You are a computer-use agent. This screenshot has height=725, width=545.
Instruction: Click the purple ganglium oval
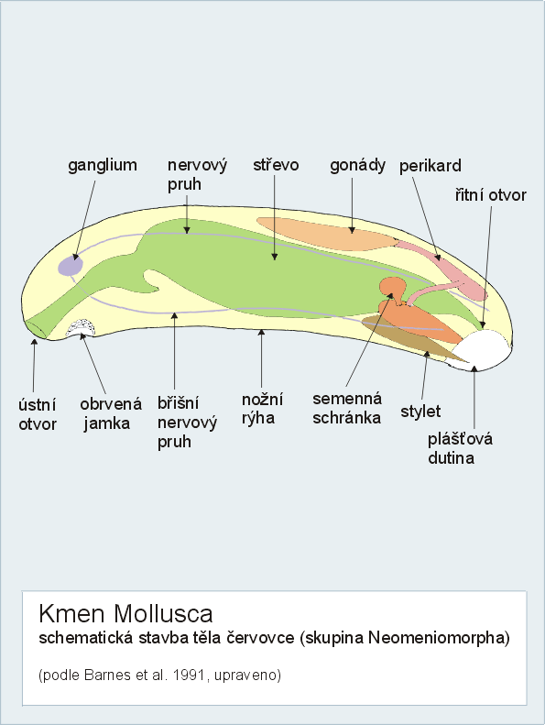(71, 266)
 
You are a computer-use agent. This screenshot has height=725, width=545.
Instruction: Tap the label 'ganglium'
(103, 166)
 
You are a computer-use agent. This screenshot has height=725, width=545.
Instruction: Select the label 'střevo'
(276, 165)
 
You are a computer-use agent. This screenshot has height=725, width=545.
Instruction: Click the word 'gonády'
(358, 166)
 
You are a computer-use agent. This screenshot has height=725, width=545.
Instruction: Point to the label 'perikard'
(431, 166)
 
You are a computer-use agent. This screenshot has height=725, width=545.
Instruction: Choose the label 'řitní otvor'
(490, 194)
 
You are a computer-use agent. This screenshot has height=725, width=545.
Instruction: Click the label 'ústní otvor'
(38, 414)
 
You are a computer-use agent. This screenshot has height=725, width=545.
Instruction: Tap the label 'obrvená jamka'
(111, 413)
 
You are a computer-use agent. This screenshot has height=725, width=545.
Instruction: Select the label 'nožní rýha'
(262, 409)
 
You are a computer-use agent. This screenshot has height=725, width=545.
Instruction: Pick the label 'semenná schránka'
(347, 408)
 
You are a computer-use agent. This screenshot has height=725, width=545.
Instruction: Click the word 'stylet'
(420, 411)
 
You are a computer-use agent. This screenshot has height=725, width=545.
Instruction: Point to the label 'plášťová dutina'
(460, 448)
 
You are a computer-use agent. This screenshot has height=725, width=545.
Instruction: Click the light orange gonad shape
(326, 234)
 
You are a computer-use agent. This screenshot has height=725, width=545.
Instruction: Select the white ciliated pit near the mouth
(81, 327)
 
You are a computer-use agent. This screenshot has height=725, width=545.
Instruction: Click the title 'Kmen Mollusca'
(125, 614)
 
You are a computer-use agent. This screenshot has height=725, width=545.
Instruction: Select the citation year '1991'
(188, 676)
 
